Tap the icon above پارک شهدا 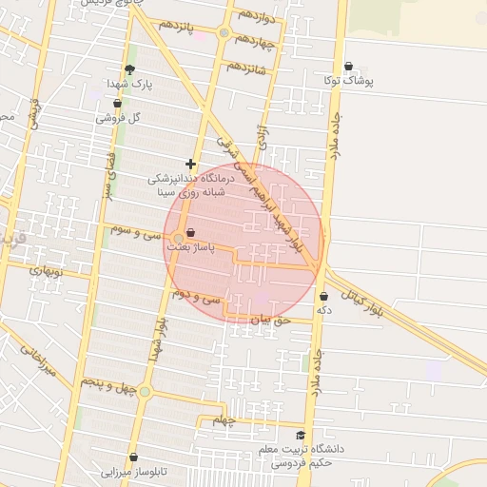coord(130,69)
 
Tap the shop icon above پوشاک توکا coord(348,67)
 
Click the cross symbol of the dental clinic coord(190,165)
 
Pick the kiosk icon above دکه coord(324,296)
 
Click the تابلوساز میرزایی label coord(134,471)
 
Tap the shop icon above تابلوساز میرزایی coord(133,458)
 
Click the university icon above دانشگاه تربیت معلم coord(301,435)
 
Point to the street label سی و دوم coord(196,297)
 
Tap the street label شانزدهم coord(245,68)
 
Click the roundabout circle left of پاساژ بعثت coord(178,239)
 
